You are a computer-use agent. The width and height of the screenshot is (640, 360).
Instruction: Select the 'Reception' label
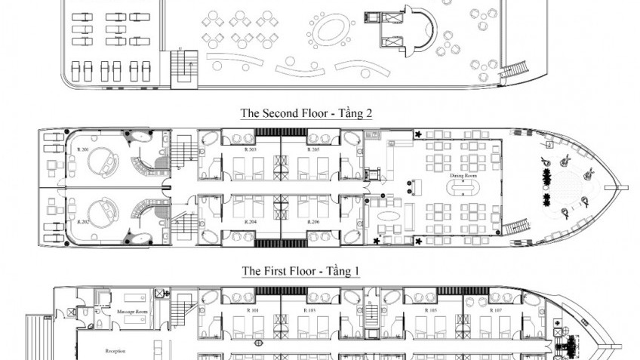115,351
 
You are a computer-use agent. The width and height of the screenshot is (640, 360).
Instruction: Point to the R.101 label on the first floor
254,310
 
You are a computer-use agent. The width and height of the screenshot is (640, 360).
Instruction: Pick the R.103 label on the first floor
310,310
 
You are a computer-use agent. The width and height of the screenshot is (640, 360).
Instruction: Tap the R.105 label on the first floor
431,310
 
